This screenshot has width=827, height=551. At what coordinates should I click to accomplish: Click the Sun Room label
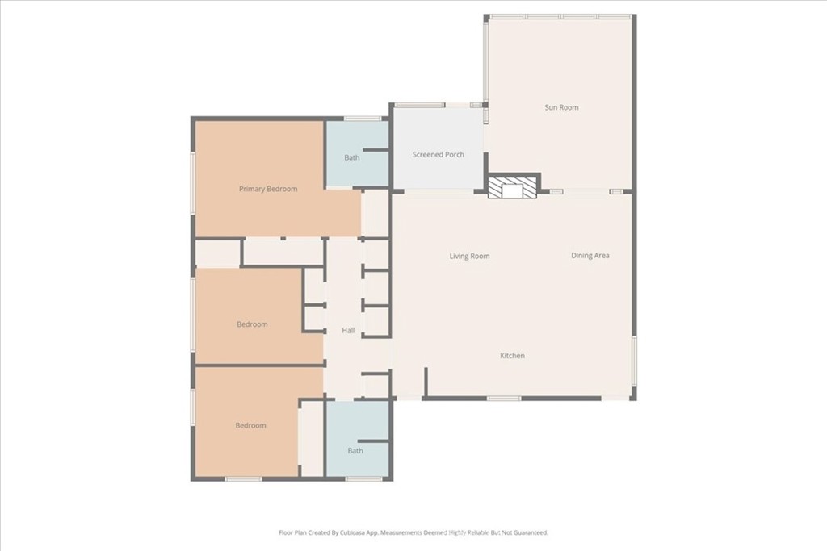[561, 107]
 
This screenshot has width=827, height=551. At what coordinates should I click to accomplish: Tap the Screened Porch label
[439, 154]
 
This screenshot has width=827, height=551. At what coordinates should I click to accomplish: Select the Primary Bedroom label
[268, 189]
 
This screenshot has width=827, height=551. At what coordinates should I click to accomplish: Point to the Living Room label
[469, 256]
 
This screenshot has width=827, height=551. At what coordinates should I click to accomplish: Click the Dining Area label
[590, 256]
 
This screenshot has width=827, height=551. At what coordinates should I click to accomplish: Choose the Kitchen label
[512, 356]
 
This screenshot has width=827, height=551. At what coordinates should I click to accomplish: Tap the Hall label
[348, 330]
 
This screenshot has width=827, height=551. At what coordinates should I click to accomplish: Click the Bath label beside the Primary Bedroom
[352, 157]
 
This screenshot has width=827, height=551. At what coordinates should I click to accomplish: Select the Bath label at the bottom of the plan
[355, 450]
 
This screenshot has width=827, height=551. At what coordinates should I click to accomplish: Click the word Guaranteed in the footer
[531, 532]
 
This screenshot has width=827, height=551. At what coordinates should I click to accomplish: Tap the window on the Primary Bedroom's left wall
[193, 183]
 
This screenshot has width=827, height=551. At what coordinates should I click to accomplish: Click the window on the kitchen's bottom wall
[504, 399]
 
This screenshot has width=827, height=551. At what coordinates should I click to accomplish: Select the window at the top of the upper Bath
[363, 119]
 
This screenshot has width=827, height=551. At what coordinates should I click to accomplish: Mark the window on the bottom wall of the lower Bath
[364, 479]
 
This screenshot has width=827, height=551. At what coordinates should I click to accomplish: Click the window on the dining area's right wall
[634, 366]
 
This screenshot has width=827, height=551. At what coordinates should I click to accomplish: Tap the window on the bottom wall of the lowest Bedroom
[243, 479]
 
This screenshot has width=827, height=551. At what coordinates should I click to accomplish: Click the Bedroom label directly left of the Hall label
[252, 324]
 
